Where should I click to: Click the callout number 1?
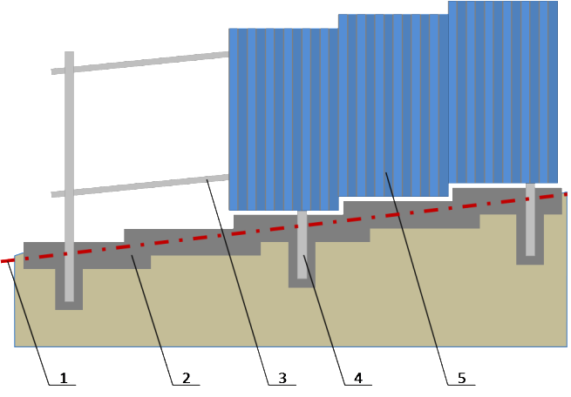coord(64,378)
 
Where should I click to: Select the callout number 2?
coord(186,378)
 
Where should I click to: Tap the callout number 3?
coord(282,378)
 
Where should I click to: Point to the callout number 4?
coord(358,378)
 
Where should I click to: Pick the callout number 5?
coord(462,378)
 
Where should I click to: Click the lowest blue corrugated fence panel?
coord(283,119)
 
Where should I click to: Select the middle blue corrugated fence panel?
coord(394,105)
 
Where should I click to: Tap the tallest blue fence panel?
coord(503,92)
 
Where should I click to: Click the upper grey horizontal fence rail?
coord(139,63)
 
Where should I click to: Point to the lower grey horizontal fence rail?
coord(139,185)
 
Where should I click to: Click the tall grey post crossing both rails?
coord(69,177)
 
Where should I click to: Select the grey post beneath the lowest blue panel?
coord(302,245)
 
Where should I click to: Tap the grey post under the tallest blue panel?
coord(530,219)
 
